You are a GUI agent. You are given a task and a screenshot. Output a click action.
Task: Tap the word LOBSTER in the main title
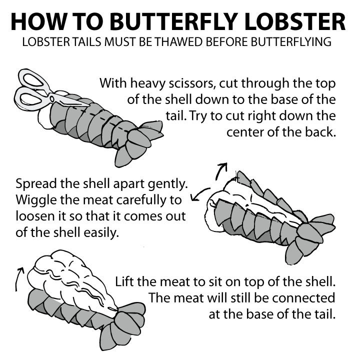click(294, 21)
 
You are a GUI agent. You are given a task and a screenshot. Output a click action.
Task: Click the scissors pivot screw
click(52, 99)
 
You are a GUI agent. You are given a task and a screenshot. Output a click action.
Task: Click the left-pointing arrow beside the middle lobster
click(199, 194)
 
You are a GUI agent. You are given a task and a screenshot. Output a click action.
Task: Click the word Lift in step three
click(124, 281)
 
